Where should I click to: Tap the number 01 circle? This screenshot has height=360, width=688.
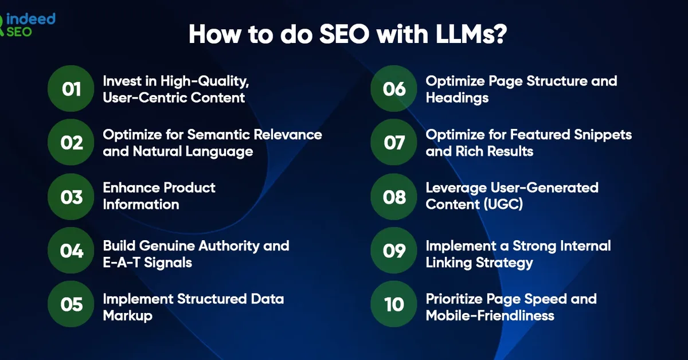point(71,89)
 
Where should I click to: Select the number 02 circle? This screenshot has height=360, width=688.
point(71,142)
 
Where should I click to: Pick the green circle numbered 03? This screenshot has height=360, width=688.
point(71,196)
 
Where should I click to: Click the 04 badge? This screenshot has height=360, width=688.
point(71,251)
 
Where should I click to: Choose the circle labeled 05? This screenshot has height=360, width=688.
point(71,304)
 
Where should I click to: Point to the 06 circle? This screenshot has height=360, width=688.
point(394,89)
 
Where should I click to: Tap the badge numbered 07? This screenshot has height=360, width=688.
point(394,142)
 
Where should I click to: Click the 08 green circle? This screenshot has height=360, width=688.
point(394,196)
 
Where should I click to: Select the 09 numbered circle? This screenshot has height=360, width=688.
point(394,251)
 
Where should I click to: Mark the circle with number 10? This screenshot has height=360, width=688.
point(394,304)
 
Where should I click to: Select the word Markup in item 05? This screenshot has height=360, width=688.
point(127,316)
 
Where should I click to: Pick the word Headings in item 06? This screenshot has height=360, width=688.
point(457,98)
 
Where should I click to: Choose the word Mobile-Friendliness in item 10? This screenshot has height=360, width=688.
point(490,316)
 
